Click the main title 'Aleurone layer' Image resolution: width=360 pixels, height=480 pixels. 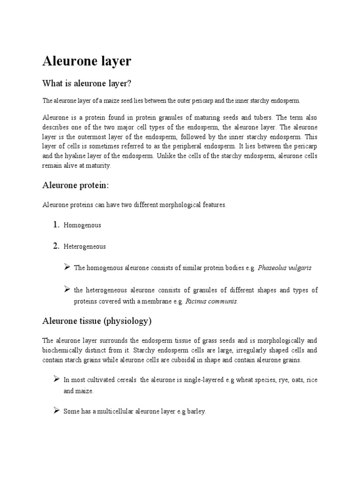[x=87, y=61]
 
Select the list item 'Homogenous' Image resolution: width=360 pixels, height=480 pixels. [x=82, y=225]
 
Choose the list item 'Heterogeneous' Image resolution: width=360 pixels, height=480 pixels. [x=84, y=247]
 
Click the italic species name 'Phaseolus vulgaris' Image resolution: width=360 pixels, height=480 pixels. [x=285, y=268]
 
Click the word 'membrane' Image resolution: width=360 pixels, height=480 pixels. [x=139, y=301]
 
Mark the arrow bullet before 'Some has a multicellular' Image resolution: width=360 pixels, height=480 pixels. [x=55, y=411]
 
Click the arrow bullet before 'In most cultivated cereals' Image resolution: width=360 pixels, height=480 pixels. [x=55, y=379]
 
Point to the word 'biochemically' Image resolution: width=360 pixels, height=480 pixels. [x=62, y=350]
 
